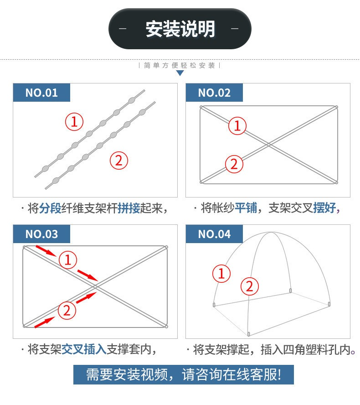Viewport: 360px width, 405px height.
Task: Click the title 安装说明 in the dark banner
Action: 180,29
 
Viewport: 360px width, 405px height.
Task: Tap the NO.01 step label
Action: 41,93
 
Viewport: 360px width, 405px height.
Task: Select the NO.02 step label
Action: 214,93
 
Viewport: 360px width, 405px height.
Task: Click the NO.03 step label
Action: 41,234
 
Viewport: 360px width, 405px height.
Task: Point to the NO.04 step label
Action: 214,234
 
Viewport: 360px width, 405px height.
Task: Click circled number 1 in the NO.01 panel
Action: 74,122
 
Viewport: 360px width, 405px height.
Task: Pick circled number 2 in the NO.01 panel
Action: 119,161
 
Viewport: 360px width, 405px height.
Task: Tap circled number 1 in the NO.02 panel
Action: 237,126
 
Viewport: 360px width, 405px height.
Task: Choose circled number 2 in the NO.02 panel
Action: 234,164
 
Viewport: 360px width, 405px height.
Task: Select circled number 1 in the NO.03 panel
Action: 68,260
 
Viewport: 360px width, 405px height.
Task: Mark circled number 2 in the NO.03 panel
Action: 67,310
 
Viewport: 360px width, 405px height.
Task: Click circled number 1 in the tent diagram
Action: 221,273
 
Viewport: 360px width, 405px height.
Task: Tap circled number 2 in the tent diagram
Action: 250,286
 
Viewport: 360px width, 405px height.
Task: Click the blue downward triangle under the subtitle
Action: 180,73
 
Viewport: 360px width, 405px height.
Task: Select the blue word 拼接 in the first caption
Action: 129,208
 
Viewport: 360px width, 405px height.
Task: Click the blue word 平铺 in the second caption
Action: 246,208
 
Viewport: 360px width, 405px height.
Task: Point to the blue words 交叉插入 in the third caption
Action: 84,349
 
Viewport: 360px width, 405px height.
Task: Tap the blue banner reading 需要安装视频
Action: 184,374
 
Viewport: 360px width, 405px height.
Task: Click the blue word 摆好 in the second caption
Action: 324,208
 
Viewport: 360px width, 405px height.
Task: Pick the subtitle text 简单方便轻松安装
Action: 180,65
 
